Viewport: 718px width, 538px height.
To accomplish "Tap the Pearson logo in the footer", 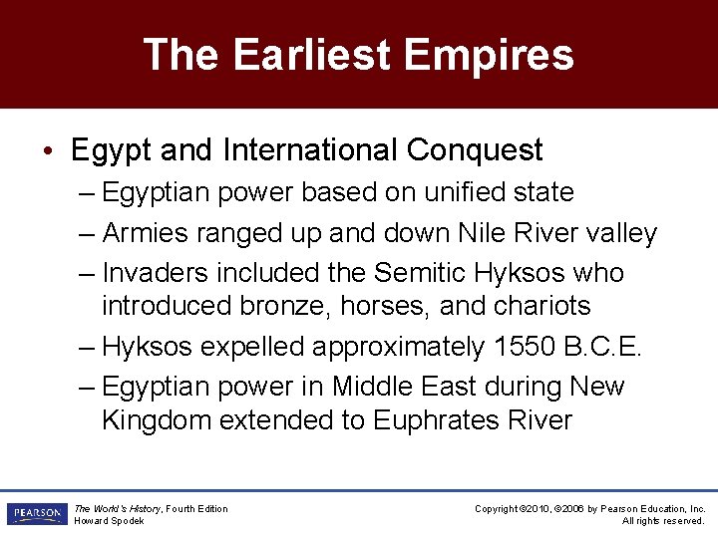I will point(36,514).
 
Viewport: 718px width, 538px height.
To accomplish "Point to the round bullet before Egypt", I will point(49,151).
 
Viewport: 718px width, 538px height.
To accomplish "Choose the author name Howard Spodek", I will point(110,521).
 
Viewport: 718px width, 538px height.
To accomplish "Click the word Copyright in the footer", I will point(496,509).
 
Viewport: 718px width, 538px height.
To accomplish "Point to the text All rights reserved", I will point(663,521).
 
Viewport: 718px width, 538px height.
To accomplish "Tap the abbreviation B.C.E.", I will point(608,347).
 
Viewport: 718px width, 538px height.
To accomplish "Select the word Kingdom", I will point(156,420).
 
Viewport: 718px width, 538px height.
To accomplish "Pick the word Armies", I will point(146,234).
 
